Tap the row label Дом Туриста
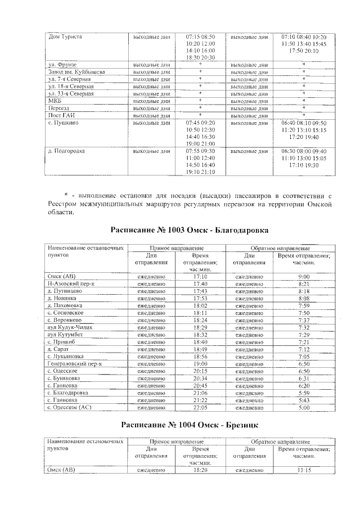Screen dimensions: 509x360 (x=66, y=37)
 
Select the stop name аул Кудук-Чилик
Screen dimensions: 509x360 (x=69, y=327)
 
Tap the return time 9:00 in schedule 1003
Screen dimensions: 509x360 (x=304, y=277)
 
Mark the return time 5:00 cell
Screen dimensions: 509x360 (x=304, y=407)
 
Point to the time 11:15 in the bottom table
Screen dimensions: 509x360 (x=304, y=469)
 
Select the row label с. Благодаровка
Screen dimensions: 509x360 (x=69, y=392)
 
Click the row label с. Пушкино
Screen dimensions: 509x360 (x=64, y=122)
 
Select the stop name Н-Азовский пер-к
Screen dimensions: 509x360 (x=71, y=284)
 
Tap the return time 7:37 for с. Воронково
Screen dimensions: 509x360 (x=304, y=319)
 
